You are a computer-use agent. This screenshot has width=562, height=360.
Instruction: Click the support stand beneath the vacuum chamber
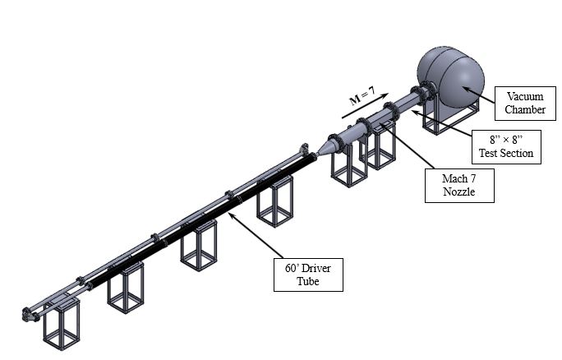click(x=444, y=118)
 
